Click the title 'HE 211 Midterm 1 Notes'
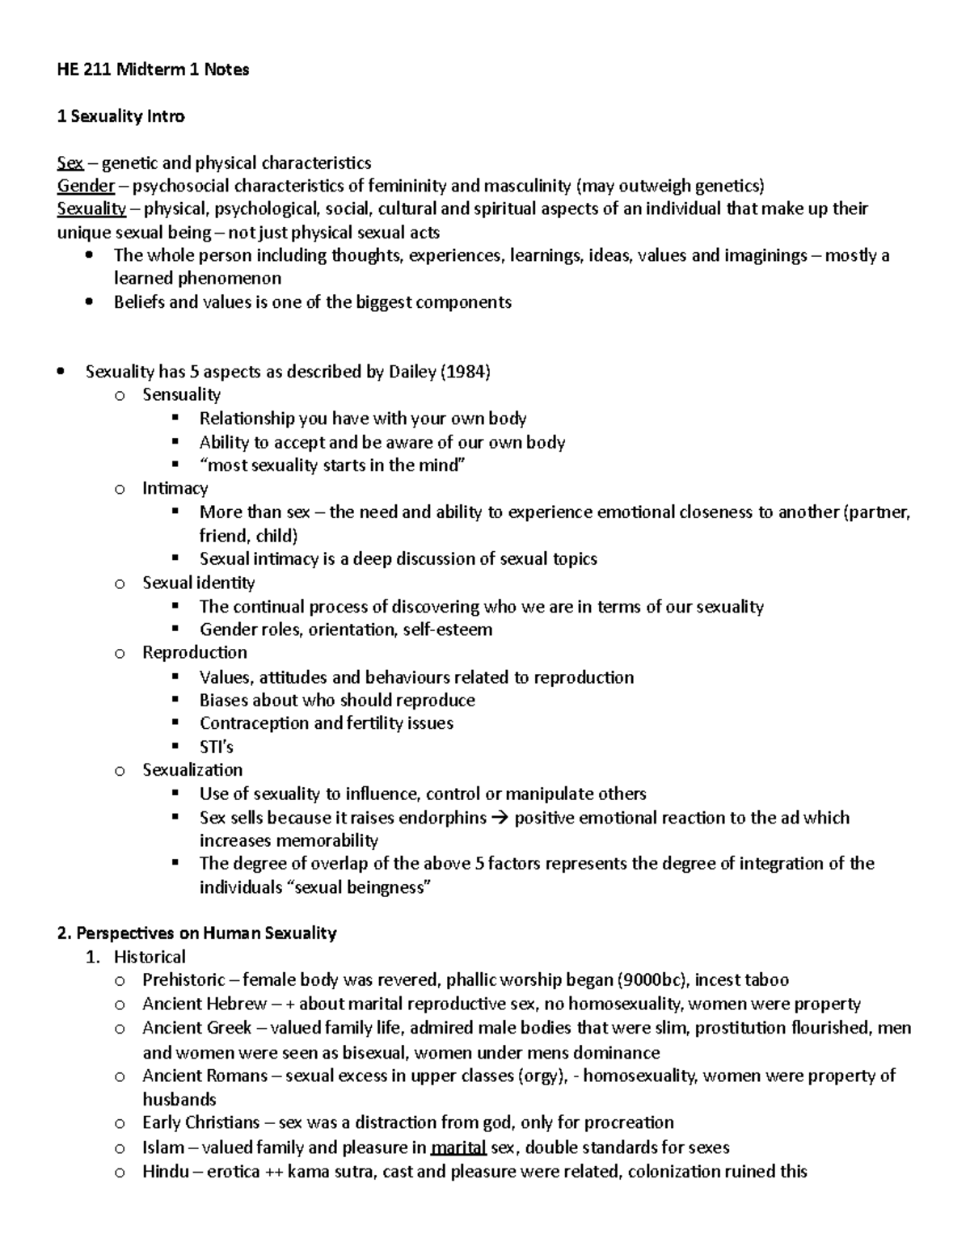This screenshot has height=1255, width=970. click(x=153, y=69)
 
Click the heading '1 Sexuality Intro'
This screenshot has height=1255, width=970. click(x=120, y=116)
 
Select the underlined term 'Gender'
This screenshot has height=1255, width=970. click(x=86, y=186)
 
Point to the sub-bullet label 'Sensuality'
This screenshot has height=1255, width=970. click(x=181, y=394)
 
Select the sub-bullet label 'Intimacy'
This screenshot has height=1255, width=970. click(x=175, y=488)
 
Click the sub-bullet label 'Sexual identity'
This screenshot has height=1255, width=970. click(x=198, y=583)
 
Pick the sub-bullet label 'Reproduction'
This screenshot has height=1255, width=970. click(x=195, y=652)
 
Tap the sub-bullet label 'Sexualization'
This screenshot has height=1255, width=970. click(x=192, y=769)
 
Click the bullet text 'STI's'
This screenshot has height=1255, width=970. click(x=216, y=747)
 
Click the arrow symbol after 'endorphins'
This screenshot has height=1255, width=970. click(x=500, y=818)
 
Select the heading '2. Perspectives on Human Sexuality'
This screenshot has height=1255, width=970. click(x=196, y=933)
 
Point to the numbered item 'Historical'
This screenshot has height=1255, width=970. click(x=150, y=957)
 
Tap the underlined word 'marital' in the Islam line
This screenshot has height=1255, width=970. click(x=458, y=1148)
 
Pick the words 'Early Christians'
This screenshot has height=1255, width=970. click(x=200, y=1122)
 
